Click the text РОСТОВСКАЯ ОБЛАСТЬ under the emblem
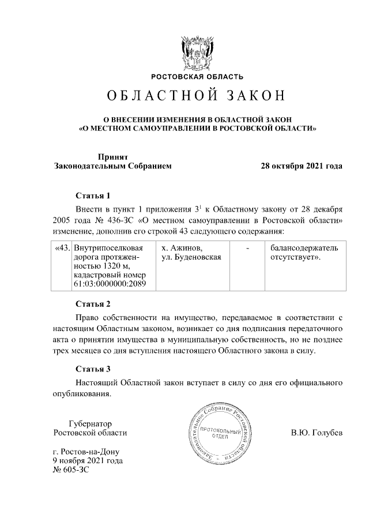pos(197,76)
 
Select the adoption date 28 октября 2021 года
pos(302,166)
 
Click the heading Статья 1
pos(92,195)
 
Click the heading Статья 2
pos(92,303)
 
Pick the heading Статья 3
pos(92,369)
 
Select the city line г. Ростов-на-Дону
pos(88,452)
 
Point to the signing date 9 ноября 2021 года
pos(87,461)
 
